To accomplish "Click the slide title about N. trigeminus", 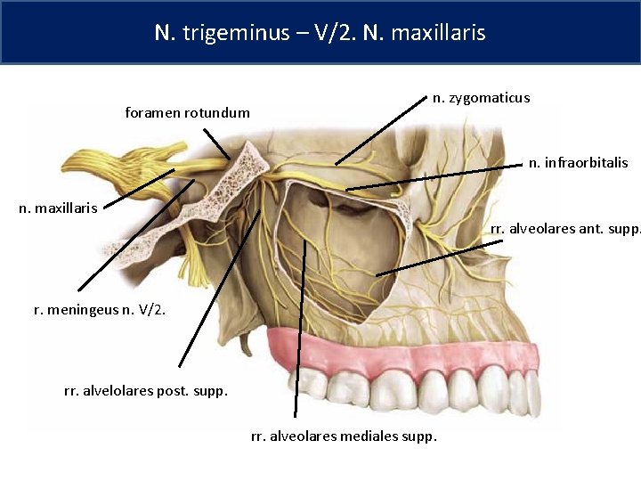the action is (x=320, y=33).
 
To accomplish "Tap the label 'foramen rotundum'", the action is (x=188, y=113).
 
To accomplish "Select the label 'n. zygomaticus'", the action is (x=481, y=97).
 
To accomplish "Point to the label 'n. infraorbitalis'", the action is (x=578, y=162).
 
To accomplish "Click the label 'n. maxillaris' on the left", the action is (x=59, y=208).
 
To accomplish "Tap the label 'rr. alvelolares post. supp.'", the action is (x=146, y=390).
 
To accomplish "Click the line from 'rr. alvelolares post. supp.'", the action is (x=219, y=289).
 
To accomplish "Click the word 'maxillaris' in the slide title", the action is (x=442, y=33).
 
